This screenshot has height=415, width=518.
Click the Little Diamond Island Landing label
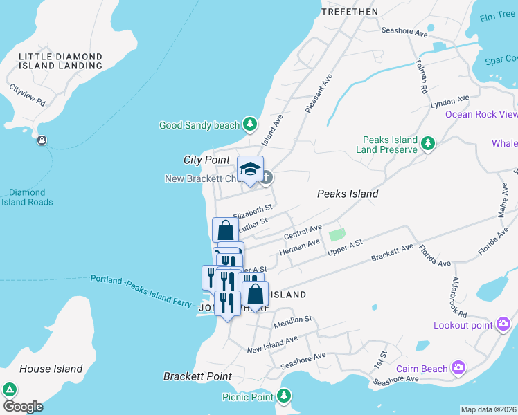(x=61, y=61)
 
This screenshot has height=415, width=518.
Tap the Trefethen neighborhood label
(x=350, y=12)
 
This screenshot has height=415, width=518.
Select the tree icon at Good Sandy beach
(x=250, y=125)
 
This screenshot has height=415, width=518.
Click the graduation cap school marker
(x=250, y=169)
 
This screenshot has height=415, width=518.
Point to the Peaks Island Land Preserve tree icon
(x=429, y=143)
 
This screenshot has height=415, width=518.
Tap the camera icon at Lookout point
(x=503, y=324)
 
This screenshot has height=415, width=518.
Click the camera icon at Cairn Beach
(x=458, y=368)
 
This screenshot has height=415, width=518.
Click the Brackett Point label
(x=197, y=376)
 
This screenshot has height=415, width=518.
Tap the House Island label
(x=51, y=369)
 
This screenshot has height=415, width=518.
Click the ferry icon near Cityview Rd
(x=42, y=140)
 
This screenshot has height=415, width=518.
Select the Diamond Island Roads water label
(x=27, y=197)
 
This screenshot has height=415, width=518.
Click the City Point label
(x=206, y=160)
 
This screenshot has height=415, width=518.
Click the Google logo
(x=23, y=407)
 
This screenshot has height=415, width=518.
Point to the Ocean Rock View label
(x=481, y=114)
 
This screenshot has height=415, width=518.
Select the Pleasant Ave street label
(x=319, y=94)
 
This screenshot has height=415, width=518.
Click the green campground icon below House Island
(x=10, y=389)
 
